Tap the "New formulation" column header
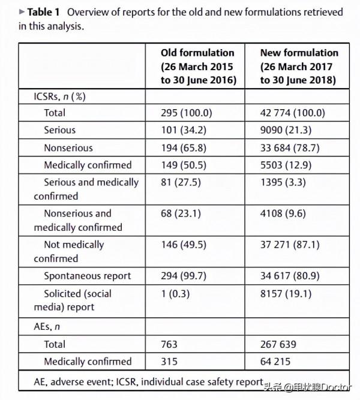(299, 66)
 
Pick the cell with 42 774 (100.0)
(292, 112)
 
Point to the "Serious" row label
(59, 130)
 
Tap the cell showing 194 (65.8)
(184, 148)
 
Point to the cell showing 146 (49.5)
(184, 245)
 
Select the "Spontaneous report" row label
(87, 276)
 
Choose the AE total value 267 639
(278, 344)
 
